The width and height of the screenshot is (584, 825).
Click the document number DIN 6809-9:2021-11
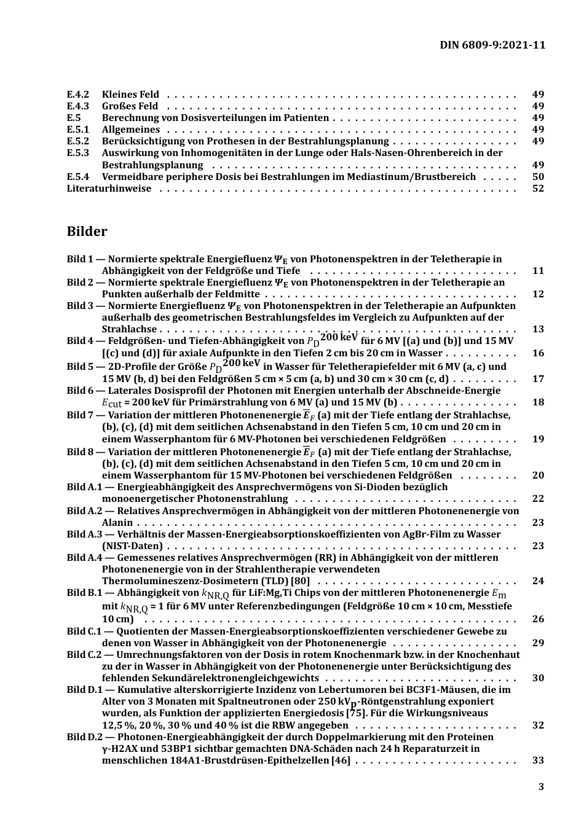[492, 45]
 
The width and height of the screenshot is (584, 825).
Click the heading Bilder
[87, 232]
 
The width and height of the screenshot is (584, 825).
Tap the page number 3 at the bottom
[541, 787]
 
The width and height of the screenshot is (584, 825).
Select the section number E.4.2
[77, 95]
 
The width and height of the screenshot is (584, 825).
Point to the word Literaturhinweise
[109, 189]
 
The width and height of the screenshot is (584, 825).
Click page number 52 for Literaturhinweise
[538, 189]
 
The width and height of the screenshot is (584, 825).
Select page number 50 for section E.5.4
[538, 177]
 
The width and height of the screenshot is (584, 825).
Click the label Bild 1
[80, 259]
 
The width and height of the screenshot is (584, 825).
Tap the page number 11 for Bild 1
[538, 271]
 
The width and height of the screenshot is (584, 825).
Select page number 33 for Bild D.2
[538, 760]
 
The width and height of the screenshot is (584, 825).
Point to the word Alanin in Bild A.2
[117, 523]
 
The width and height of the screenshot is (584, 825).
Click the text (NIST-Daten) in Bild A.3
[132, 546]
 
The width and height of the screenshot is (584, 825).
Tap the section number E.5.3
[77, 153]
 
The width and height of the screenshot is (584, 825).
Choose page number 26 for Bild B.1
[538, 619]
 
